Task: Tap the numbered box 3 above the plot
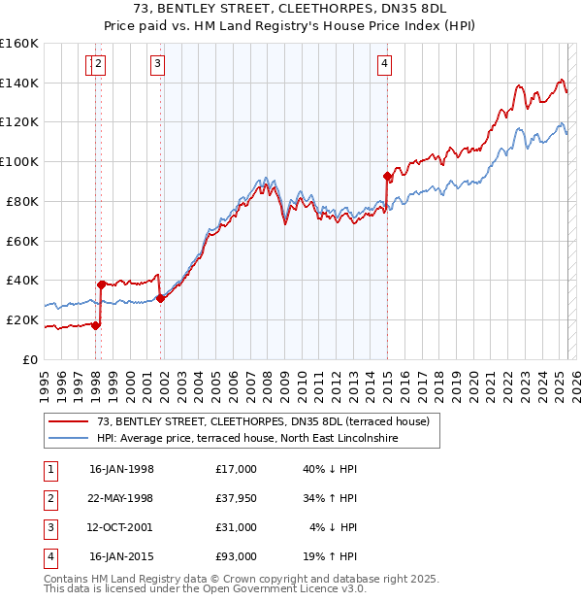(157, 65)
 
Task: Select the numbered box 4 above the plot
(385, 65)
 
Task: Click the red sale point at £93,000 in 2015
(387, 177)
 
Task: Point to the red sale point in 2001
(160, 298)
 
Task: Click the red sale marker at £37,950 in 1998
(101, 284)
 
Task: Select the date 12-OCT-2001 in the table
(121, 527)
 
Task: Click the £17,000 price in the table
(237, 469)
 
